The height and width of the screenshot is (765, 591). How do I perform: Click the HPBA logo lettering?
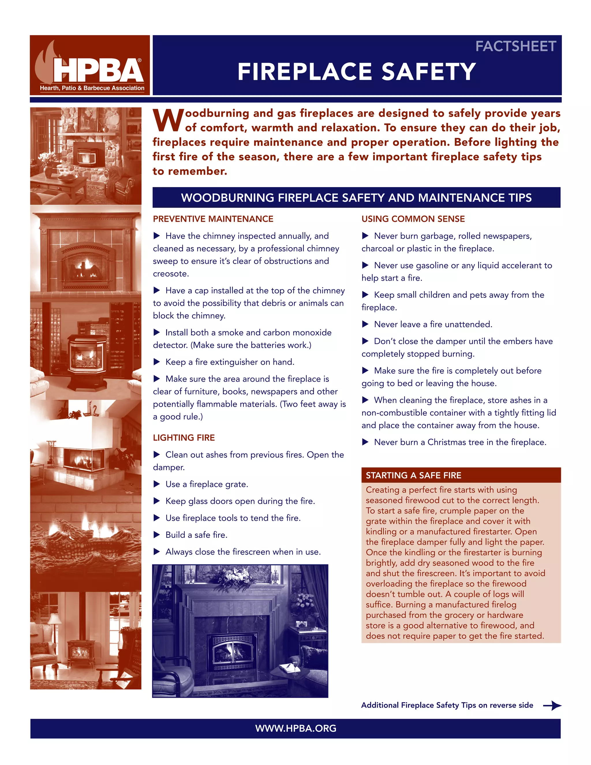[98, 70]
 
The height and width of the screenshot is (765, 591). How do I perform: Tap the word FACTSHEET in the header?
[515, 46]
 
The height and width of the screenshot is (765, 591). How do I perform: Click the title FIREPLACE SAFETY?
[356, 72]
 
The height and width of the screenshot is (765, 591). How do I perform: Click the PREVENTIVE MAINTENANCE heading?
[213, 219]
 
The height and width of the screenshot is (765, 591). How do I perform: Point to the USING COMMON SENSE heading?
[413, 219]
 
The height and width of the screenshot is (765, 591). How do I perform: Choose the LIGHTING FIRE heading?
[184, 437]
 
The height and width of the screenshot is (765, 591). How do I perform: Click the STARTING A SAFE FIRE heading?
[414, 475]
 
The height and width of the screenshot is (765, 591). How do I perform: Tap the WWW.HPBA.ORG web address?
[295, 728]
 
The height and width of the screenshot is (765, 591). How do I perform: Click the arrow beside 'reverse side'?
[552, 705]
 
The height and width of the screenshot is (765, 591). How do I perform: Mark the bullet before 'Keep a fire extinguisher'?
[157, 362]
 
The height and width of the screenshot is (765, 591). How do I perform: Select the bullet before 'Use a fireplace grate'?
[157, 484]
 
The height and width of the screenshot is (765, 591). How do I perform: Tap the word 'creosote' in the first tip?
[170, 274]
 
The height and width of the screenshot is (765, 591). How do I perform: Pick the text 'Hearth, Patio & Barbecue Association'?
[92, 88]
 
